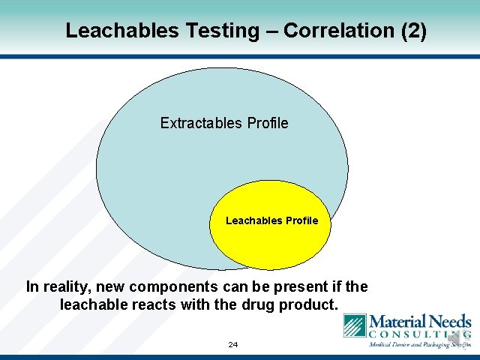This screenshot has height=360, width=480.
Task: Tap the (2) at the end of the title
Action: pos(413,31)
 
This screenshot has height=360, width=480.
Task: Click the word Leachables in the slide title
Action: pos(112,31)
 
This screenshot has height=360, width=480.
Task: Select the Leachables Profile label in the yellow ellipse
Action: pos(271,220)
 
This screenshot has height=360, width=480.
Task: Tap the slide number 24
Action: pos(232,345)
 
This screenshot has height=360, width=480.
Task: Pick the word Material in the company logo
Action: pos(397,321)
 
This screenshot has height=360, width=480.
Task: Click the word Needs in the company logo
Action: pos(450,321)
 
